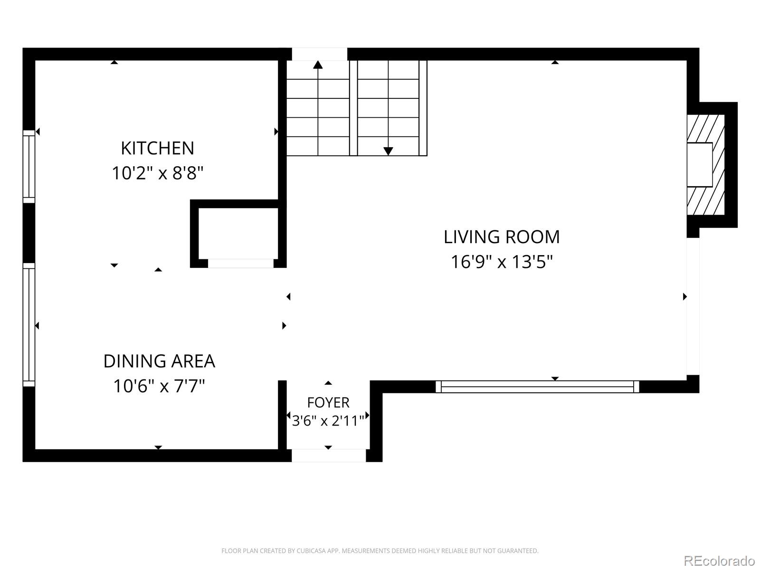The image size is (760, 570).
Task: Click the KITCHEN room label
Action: pyautogui.click(x=158, y=148)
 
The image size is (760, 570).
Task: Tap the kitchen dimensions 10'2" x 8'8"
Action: pyautogui.click(x=158, y=173)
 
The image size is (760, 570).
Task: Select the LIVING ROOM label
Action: pyautogui.click(x=502, y=237)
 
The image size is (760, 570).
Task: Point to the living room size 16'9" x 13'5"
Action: pyautogui.click(x=502, y=262)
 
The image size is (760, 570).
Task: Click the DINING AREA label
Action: pyautogui.click(x=159, y=361)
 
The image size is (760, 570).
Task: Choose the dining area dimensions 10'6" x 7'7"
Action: pyautogui.click(x=159, y=386)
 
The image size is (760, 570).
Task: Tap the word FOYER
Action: pyautogui.click(x=328, y=402)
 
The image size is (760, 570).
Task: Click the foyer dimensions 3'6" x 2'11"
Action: pyautogui.click(x=328, y=421)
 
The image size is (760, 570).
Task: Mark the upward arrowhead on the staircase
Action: pyautogui.click(x=318, y=65)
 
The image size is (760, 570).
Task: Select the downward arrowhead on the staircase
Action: pyautogui.click(x=388, y=151)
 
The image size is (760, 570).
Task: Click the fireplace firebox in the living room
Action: pyautogui.click(x=699, y=165)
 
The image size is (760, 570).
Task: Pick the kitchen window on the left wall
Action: pyautogui.click(x=29, y=166)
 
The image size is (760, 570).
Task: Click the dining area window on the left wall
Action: pyautogui.click(x=29, y=324)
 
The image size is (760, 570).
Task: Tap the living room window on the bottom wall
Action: pyautogui.click(x=537, y=387)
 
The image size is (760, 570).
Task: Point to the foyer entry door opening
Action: pyautogui.click(x=329, y=456)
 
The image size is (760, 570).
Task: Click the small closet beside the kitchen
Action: pyautogui.click(x=238, y=234)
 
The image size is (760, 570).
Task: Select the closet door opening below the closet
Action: pyautogui.click(x=241, y=263)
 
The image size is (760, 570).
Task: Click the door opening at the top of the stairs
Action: pyautogui.click(x=320, y=54)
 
